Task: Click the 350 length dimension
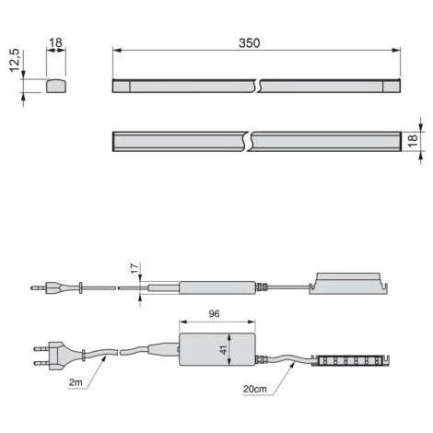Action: coord(250,43)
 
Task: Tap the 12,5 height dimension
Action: coord(15,60)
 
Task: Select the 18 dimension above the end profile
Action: coord(55,42)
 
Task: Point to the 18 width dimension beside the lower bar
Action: coord(413,140)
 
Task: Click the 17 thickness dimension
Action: coord(135,269)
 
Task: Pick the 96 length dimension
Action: coord(214,313)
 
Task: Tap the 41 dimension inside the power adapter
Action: coord(224,349)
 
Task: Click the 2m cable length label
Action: coord(76,382)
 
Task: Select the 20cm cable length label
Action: coord(255,389)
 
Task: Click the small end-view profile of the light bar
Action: coord(56,87)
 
